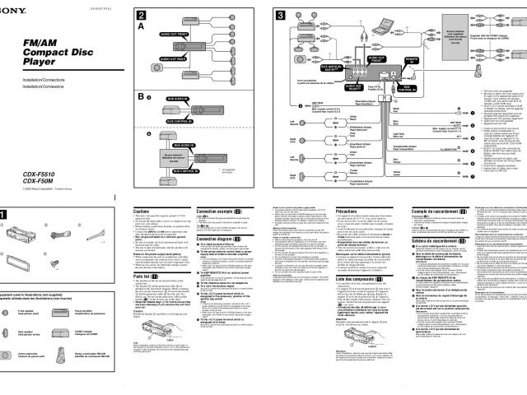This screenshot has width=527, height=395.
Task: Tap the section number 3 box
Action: pos(280,16)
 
